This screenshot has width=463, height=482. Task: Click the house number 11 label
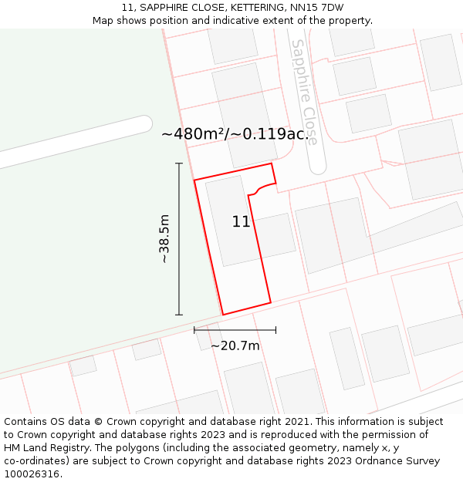(241, 222)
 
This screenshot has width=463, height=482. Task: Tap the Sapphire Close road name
(303, 93)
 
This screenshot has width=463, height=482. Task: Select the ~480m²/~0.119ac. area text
(234, 133)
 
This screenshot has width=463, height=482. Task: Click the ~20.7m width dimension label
(235, 345)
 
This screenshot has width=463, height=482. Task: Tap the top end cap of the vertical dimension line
(179, 163)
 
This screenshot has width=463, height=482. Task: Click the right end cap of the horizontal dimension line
(275, 330)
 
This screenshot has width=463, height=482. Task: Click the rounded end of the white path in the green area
(144, 124)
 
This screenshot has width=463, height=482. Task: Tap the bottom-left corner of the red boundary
(223, 315)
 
